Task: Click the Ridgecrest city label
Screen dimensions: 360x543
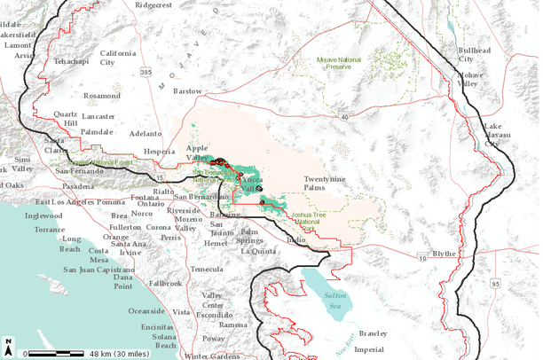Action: click(153, 4)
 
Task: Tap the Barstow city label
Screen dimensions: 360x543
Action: click(187, 90)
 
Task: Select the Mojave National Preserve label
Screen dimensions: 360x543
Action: click(339, 62)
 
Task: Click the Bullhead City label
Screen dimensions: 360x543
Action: click(474, 55)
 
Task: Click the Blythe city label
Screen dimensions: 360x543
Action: click(444, 254)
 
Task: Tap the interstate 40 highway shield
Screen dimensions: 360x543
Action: click(342, 115)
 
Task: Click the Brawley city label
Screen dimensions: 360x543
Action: click(373, 333)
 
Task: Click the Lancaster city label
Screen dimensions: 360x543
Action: click(98, 116)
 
